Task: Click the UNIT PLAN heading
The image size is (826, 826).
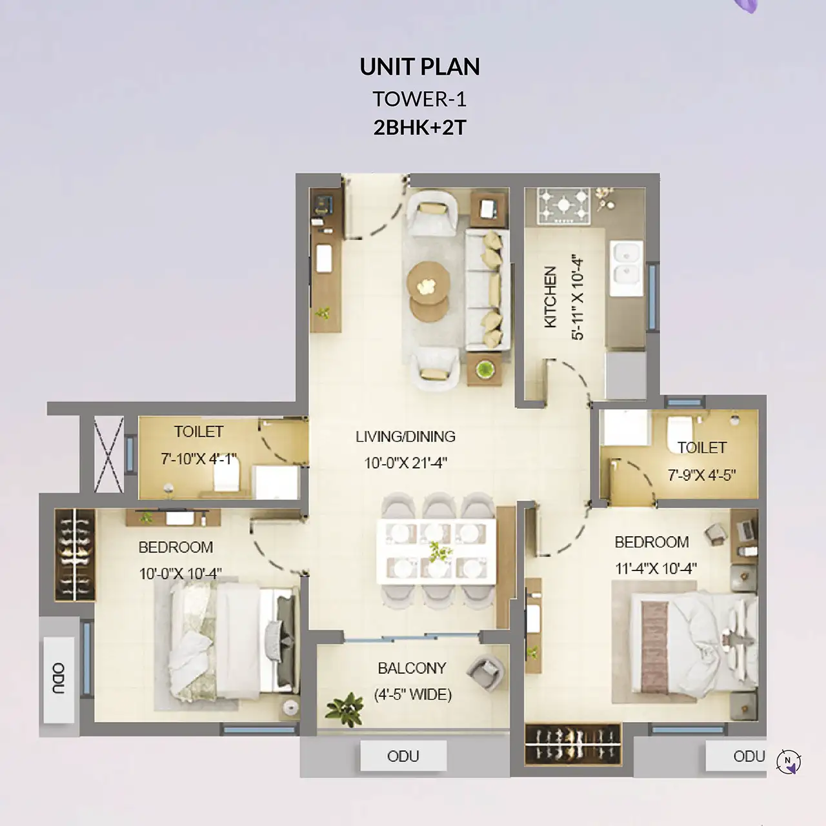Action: pos(419,67)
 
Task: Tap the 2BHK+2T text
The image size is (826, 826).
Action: pos(419,128)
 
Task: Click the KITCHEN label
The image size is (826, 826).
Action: pos(550,297)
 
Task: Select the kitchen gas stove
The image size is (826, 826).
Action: pos(563,205)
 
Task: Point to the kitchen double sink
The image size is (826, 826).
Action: pos(626,268)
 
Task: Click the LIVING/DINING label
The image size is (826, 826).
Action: pos(405,436)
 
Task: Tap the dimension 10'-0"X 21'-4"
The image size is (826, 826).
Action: pos(405,463)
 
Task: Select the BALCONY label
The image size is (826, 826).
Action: pos(412,668)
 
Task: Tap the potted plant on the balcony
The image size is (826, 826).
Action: pos(344,708)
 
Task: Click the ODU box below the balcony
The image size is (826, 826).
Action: pos(403,756)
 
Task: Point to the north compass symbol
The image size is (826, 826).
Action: pos(789,761)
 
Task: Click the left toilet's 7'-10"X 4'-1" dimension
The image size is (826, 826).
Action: pos(199,459)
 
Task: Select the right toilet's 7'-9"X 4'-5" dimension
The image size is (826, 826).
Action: pos(701,475)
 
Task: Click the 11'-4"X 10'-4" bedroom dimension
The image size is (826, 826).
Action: pos(656,569)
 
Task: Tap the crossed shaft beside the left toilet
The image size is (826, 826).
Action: pos(108,454)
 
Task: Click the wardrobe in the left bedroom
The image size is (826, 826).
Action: pos(75,555)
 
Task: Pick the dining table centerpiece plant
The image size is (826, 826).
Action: pos(439,552)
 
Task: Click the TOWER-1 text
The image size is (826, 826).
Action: pos(419,99)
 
